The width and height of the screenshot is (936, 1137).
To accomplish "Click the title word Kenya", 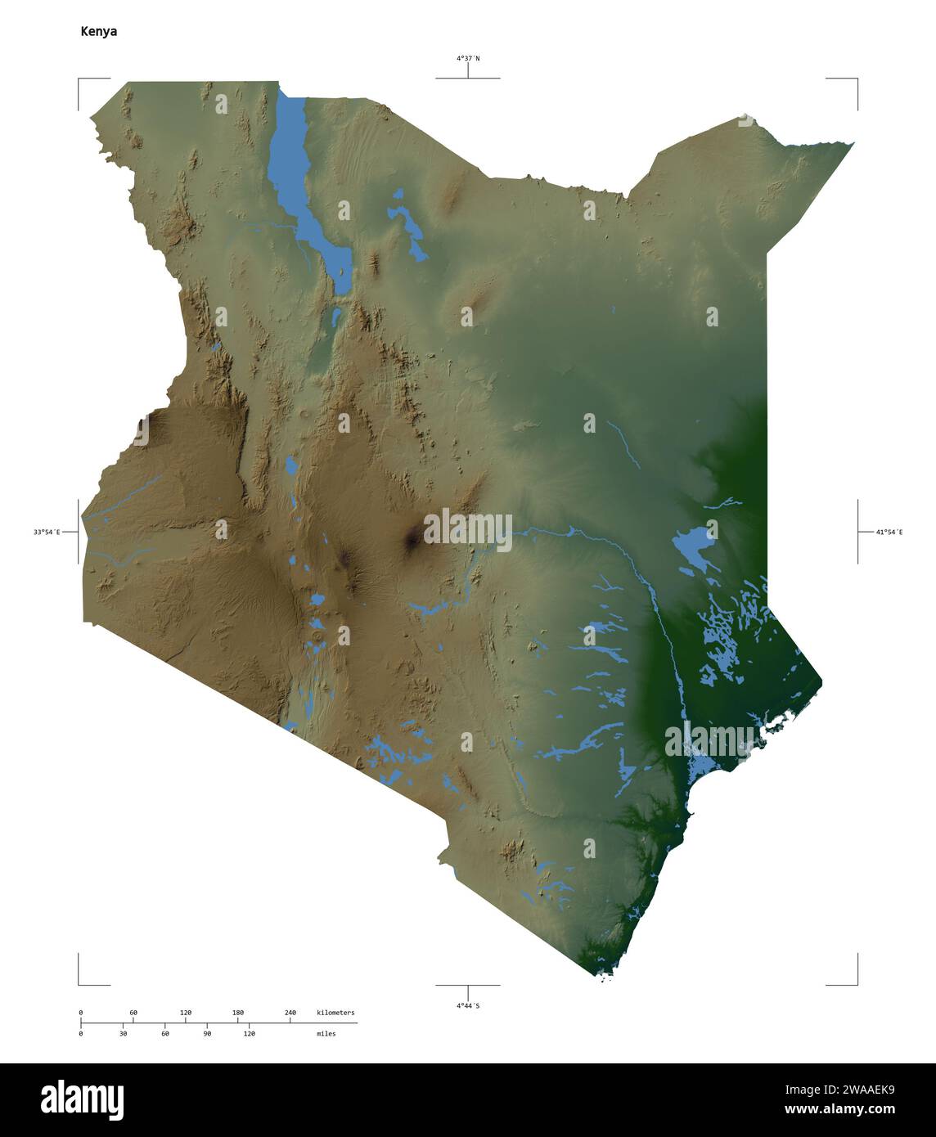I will click(98, 31).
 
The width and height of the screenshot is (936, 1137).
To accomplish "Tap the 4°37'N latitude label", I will click(468, 58).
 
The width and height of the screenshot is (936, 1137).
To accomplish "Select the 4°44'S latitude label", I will click(468, 1005).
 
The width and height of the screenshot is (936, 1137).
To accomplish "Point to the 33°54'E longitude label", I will click(47, 532).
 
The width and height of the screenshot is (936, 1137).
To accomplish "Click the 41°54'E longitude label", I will click(889, 532).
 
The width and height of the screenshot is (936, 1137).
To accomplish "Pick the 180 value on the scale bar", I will click(237, 1013).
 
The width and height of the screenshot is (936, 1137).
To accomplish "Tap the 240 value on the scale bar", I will click(290, 1013).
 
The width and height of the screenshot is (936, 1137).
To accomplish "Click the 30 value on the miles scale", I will click(123, 1034).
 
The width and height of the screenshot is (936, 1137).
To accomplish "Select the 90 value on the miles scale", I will click(206, 1034).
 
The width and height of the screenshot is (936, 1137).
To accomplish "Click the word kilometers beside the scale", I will click(335, 1013).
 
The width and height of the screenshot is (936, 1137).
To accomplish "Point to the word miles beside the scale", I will click(326, 1034).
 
